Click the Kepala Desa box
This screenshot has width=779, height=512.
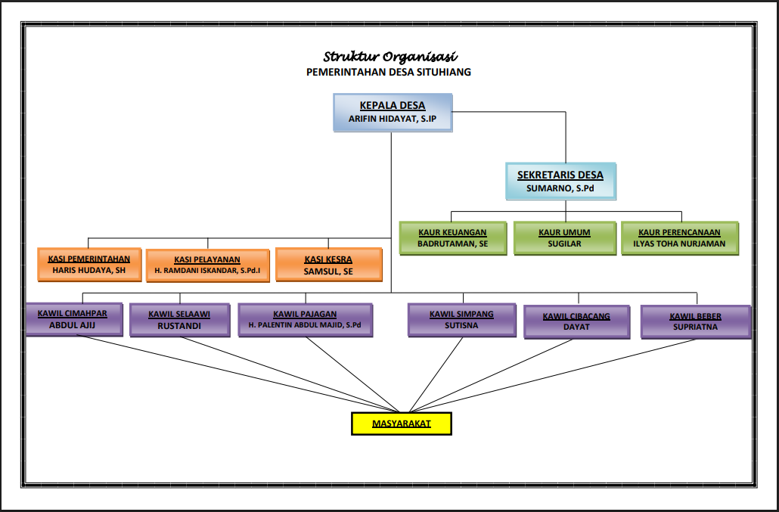393,113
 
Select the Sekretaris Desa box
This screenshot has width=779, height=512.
560,182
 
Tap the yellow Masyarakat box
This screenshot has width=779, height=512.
402,424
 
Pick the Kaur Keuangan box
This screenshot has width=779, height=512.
452,238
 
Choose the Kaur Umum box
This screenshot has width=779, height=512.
564,238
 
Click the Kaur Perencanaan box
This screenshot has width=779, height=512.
679,238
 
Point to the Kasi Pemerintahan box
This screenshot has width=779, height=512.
89,265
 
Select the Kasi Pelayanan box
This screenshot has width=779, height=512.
207,265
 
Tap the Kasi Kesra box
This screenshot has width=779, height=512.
328,265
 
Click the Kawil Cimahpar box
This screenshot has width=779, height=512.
73,320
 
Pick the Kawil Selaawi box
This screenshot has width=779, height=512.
179,320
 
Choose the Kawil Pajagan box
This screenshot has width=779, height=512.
306,320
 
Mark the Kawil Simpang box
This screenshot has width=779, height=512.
461,320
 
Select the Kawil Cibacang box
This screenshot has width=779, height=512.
576,321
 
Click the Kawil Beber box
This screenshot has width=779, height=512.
695,321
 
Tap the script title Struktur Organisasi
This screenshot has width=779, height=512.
390,57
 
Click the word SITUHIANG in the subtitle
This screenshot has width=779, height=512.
439,72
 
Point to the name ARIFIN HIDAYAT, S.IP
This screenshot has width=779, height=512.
393,119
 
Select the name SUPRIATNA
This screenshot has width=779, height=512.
695,327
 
